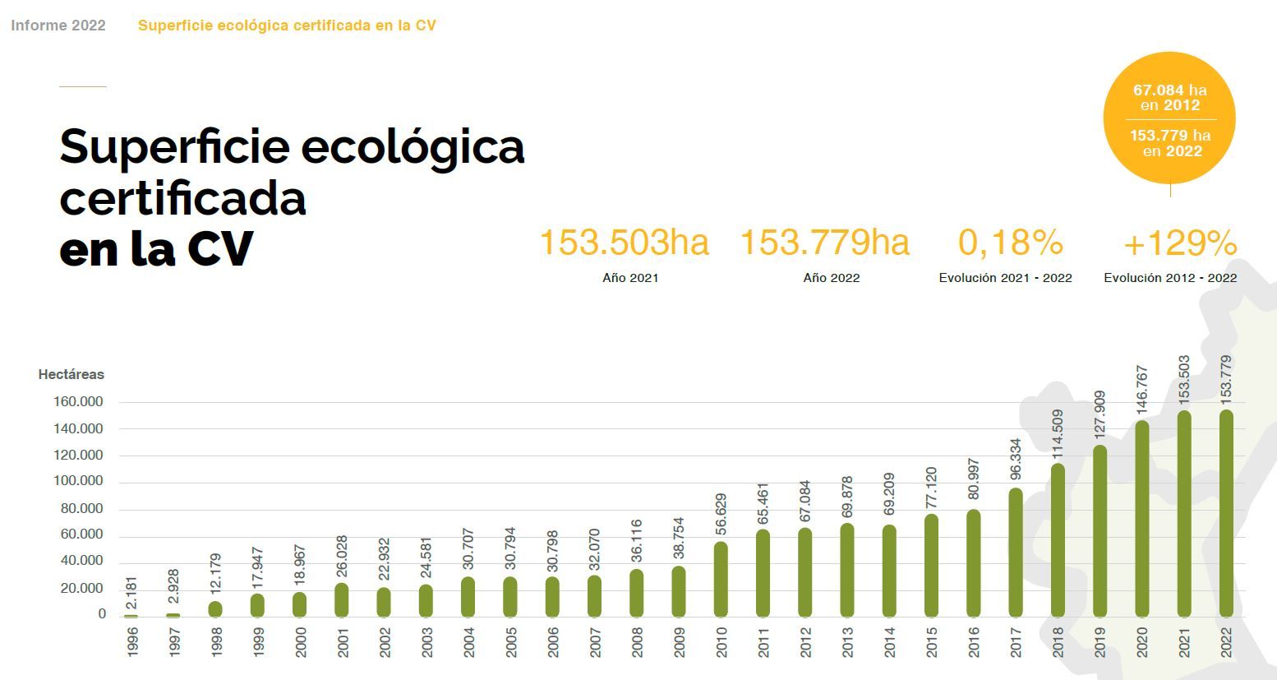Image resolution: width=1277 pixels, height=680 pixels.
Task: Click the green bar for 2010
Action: (721, 579)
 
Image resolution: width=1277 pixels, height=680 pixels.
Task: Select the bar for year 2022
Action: (1226, 514)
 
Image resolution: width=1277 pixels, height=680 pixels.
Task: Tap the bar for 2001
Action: (342, 600)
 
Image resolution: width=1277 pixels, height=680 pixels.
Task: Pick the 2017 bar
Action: (1016, 553)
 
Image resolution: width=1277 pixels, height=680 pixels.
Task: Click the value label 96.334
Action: (1016, 460)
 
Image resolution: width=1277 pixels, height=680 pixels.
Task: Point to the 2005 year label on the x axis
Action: (511, 642)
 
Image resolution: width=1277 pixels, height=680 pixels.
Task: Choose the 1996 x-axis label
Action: (132, 642)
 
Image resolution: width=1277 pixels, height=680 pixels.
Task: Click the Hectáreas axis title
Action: (71, 374)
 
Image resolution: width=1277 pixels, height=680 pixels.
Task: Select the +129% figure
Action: (1179, 243)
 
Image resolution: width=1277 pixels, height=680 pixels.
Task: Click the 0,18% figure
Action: (1011, 243)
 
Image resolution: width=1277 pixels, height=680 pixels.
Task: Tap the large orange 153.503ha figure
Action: (624, 243)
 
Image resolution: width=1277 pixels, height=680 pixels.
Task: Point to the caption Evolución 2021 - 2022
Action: (1005, 278)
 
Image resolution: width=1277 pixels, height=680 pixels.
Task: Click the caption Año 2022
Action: (832, 278)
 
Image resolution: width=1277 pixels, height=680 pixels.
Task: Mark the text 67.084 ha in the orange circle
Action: (1170, 90)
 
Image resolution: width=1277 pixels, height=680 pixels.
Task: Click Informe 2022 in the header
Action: (58, 25)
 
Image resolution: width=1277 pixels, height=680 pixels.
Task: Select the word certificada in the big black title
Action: (183, 198)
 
